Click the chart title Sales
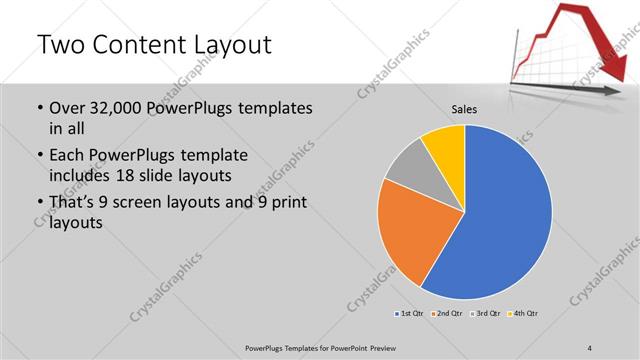[x=464, y=111]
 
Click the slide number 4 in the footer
[x=591, y=347]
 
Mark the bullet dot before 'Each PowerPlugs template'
[x=39, y=156]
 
